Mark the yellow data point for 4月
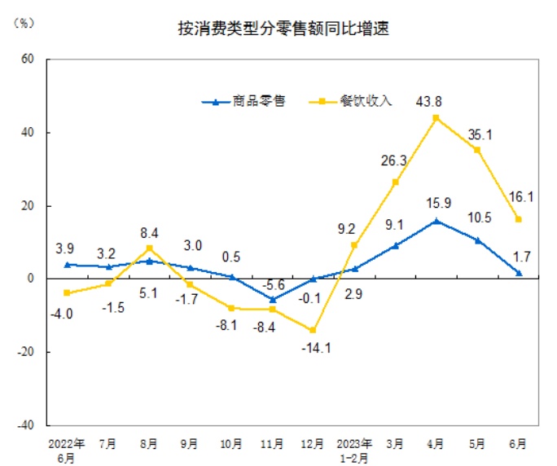436,118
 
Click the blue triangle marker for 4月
436,220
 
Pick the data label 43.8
436,102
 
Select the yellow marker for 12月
314,330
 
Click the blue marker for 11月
272,299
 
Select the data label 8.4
150,231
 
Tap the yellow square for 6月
518,219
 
